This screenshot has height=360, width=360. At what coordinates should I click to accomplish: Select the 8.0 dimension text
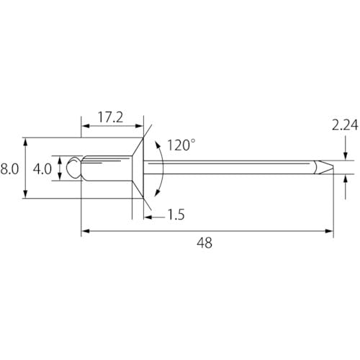[x=9, y=169]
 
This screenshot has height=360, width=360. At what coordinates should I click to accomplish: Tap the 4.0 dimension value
[x=42, y=169]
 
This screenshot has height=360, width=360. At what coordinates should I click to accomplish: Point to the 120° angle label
[x=181, y=145]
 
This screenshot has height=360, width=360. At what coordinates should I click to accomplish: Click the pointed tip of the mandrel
[x=332, y=167]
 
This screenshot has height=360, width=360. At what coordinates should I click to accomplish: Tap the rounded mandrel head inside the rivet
[x=72, y=168]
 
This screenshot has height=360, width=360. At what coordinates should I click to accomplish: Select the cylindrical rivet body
[x=104, y=168]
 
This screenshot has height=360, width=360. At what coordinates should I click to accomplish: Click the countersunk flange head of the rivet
[x=139, y=168]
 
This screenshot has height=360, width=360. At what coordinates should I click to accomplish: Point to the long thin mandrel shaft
[x=230, y=167]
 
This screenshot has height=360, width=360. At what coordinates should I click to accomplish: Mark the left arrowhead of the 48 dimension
[x=85, y=231]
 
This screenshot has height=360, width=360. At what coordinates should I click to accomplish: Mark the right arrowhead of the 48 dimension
[x=330, y=231]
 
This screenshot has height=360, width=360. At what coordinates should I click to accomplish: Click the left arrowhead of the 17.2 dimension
[x=85, y=127]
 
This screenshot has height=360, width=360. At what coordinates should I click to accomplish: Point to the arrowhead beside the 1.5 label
[x=148, y=213]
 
